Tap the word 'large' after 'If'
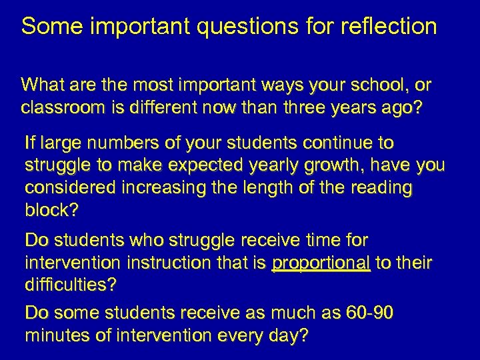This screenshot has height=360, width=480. click(x=63, y=143)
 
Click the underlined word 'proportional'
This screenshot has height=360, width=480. click(x=321, y=263)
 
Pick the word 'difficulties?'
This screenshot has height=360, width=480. click(x=70, y=285)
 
